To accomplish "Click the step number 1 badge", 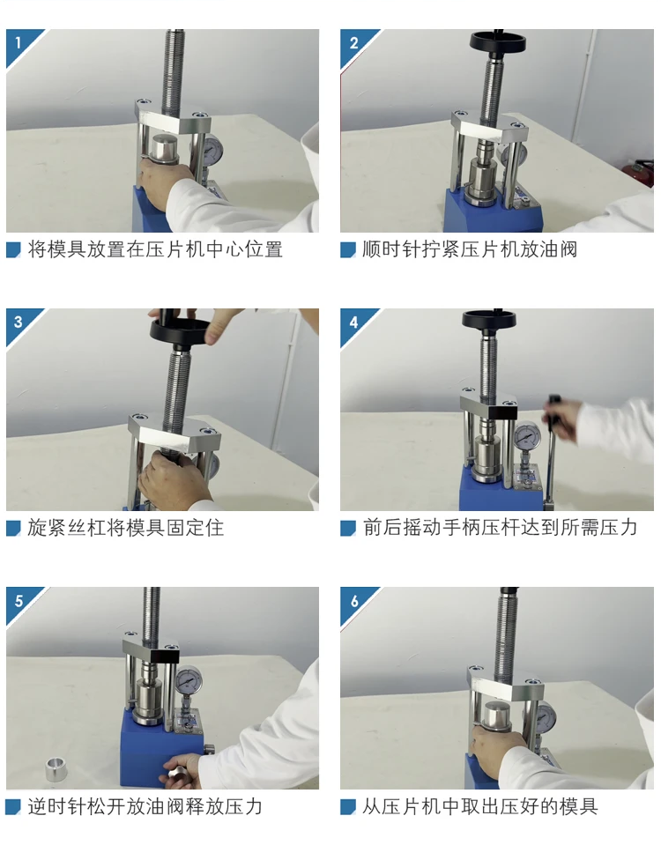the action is tap(19, 43).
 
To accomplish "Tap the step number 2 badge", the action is tap(353, 43).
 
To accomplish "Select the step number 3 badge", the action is tap(19, 322).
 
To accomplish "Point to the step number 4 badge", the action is tap(353, 322).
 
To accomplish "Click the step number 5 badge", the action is tap(19, 601).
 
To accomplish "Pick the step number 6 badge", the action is tap(353, 601).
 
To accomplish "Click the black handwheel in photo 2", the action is tap(497, 41).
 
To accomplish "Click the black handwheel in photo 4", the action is tap(489, 319).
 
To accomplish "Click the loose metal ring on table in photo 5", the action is tap(56, 769).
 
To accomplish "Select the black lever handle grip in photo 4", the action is tap(552, 409).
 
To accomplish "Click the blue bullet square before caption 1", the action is tap(13, 250).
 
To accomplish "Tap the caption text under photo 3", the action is tap(126, 528).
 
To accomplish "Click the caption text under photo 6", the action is tap(480, 806).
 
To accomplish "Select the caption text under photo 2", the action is tap(470, 249).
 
